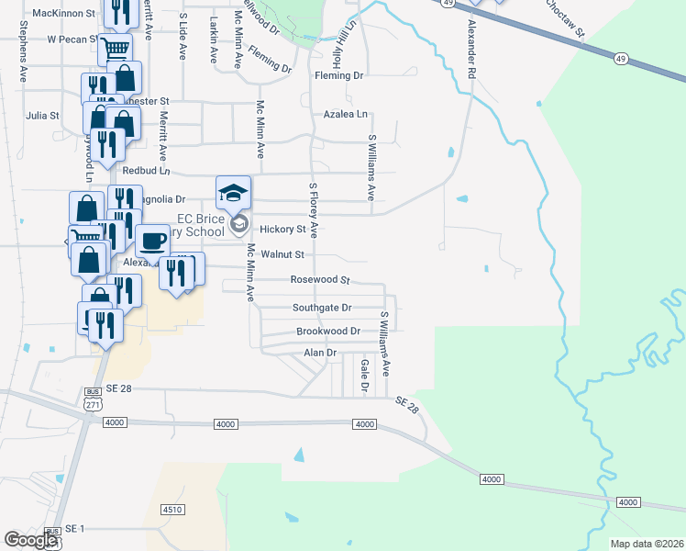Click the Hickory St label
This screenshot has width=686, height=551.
tap(282, 229)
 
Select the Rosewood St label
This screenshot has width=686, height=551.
tap(320, 279)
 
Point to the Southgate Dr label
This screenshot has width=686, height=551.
tap(322, 308)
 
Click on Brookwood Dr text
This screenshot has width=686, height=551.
tap(327, 331)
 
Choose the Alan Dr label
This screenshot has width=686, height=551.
tap(320, 353)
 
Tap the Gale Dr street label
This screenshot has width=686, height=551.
tap(364, 377)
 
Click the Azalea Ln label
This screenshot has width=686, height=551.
tap(345, 115)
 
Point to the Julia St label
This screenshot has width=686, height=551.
tap(42, 116)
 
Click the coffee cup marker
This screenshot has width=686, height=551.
tap(152, 241)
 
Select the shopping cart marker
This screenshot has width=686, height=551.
tap(115, 49)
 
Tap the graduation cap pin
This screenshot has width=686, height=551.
tap(233, 192)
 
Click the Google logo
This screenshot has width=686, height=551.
tap(31, 541)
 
